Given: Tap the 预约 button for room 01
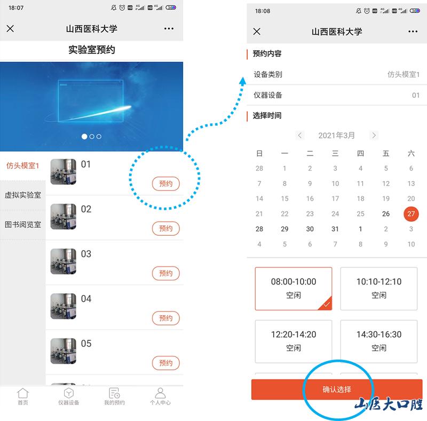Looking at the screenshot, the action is click(x=165, y=183).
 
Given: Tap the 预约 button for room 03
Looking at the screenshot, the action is click(x=165, y=273).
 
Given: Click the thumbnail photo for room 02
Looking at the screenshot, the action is click(x=63, y=216).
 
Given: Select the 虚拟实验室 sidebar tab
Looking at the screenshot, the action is click(x=23, y=195).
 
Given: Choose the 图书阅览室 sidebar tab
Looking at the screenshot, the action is click(x=23, y=224).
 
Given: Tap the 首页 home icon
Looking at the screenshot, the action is click(x=23, y=393).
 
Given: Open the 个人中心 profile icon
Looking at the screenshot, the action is click(x=160, y=393).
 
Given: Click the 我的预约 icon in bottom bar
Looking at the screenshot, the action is click(x=114, y=393).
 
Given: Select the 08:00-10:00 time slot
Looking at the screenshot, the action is click(x=294, y=289).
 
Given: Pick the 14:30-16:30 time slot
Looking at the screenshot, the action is click(x=379, y=341).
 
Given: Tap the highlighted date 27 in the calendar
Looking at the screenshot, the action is click(x=411, y=214).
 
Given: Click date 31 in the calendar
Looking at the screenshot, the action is click(x=335, y=229).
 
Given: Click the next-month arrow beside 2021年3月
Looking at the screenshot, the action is click(x=374, y=135).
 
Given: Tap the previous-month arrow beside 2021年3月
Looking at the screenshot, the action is click(x=300, y=135).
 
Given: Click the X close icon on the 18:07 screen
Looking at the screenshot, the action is click(x=10, y=28).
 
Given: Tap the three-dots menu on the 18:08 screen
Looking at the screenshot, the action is click(x=413, y=32).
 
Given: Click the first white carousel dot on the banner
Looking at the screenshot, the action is click(x=84, y=136).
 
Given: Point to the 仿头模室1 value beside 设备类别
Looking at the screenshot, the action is click(x=404, y=74).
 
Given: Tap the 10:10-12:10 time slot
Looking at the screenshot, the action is click(x=379, y=289).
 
